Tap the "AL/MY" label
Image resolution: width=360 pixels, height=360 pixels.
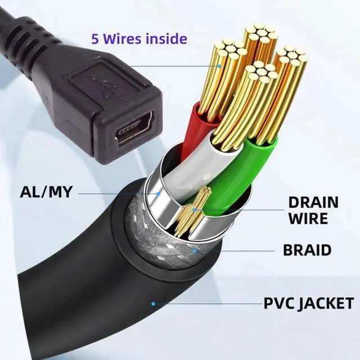(46, 192)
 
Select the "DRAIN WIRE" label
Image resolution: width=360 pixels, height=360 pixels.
(313, 209)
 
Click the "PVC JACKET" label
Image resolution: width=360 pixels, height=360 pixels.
(309, 304)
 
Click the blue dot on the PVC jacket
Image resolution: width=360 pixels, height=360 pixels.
(153, 304)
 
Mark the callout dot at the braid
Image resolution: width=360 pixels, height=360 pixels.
(195, 249)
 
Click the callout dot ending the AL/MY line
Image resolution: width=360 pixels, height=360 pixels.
(160, 193)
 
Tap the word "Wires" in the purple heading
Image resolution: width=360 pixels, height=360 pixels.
(126, 39)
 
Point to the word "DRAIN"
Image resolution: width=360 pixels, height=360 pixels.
(313, 202)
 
